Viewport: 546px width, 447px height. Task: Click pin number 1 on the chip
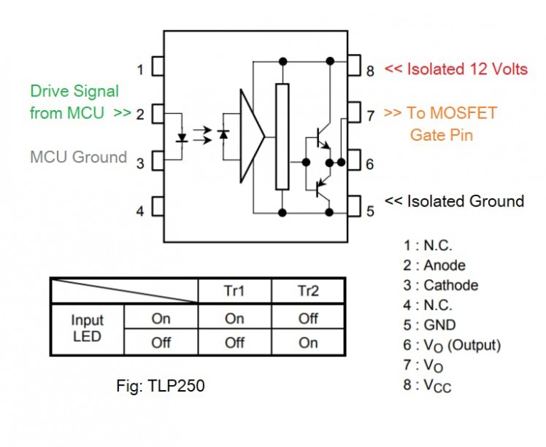pyautogui.click(x=157, y=70)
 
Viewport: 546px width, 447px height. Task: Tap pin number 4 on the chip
pyautogui.click(x=157, y=211)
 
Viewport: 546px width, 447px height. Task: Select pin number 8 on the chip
pyautogui.click(x=354, y=69)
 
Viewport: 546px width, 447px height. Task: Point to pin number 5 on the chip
pyautogui.click(x=354, y=210)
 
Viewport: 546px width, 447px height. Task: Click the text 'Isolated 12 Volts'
pyautogui.click(x=455, y=69)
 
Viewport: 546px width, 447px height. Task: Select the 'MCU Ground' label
pyautogui.click(x=79, y=157)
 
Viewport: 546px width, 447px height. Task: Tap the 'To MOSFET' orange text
pyautogui.click(x=440, y=113)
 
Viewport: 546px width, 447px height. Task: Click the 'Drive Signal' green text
pyautogui.click(x=74, y=92)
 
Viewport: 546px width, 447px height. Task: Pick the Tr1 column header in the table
pyautogui.click(x=234, y=291)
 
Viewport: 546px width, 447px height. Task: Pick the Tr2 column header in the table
pyautogui.click(x=308, y=291)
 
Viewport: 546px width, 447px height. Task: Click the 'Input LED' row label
pyautogui.click(x=88, y=328)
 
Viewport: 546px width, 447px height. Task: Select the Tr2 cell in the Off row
pyautogui.click(x=308, y=342)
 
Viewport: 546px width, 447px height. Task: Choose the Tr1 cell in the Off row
pyautogui.click(x=234, y=342)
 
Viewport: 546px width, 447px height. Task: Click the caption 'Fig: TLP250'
pyautogui.click(x=160, y=386)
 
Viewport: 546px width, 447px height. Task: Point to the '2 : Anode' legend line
pyautogui.click(x=434, y=265)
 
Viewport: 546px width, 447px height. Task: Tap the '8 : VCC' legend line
pyautogui.click(x=428, y=386)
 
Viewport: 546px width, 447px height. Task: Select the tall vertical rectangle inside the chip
pyautogui.click(x=282, y=136)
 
